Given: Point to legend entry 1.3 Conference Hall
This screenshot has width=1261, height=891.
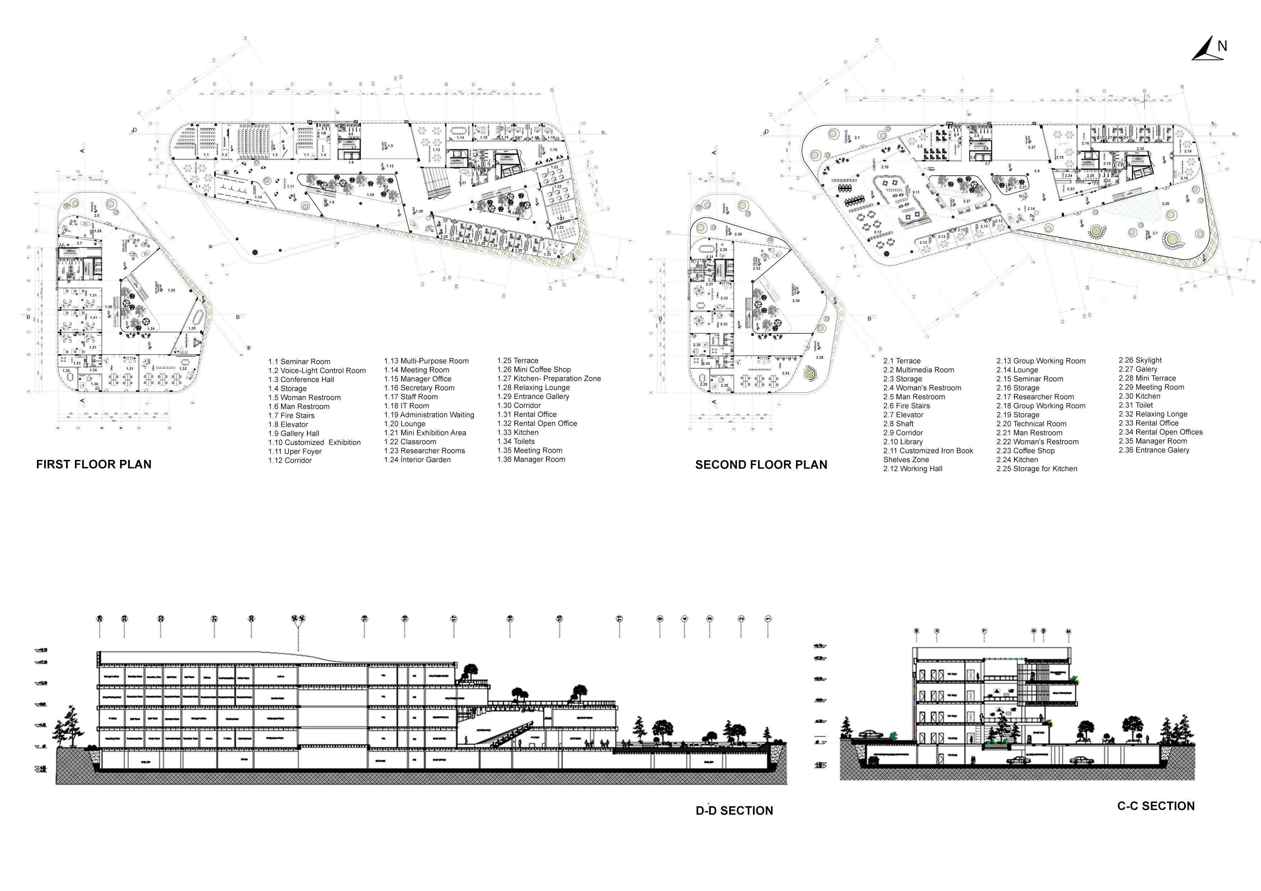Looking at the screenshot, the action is [301, 380].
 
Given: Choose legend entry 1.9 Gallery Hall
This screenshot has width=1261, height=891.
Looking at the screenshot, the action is [293, 434].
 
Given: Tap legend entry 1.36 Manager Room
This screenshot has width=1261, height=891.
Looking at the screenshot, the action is [531, 460].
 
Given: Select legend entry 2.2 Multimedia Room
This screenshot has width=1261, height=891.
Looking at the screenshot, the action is [918, 370].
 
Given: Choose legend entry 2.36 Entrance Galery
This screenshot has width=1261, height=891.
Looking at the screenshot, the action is [1154, 450].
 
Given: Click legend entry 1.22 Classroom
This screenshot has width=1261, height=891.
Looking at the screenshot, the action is [410, 442].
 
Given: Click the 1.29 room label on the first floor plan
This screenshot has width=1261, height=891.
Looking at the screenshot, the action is [171, 290].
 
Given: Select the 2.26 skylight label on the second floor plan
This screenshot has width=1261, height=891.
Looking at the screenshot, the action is [1165, 204].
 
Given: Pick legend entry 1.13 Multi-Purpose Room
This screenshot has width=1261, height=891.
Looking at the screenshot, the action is [426, 361].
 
